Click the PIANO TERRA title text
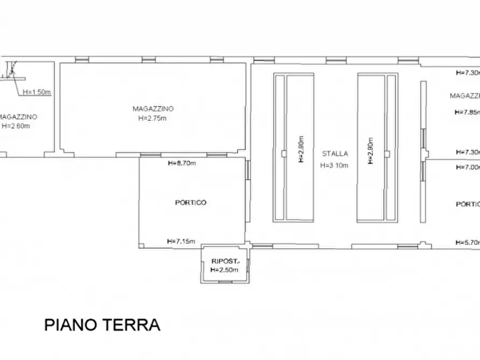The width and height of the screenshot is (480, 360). (x=102, y=325)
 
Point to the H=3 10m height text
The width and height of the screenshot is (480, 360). (x=334, y=165)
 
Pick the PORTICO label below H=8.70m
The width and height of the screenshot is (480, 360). (x=191, y=203)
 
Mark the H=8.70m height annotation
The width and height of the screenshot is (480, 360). (x=182, y=163)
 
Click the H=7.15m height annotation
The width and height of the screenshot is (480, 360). (x=181, y=241)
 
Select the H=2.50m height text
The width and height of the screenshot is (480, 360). (x=224, y=270)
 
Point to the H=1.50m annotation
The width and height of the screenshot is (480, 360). (x=37, y=92)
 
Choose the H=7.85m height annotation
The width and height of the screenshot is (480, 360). (x=467, y=112)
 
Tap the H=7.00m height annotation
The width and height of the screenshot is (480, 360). (x=467, y=167)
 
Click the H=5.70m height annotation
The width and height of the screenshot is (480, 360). (x=467, y=242)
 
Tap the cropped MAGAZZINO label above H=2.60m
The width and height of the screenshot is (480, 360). (x=18, y=117)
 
